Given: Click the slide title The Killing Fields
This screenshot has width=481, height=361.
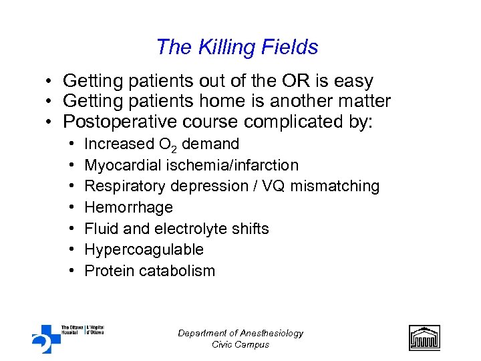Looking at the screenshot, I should tap(236, 47).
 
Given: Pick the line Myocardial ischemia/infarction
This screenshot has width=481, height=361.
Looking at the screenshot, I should tap(191, 165).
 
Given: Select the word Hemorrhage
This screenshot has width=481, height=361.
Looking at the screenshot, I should tap(128, 207).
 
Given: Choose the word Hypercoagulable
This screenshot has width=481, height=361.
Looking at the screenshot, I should tap(144, 250).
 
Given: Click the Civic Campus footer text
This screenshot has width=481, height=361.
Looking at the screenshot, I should tap(240, 344).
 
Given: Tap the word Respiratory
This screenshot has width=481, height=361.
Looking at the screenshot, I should tap(123, 186).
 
